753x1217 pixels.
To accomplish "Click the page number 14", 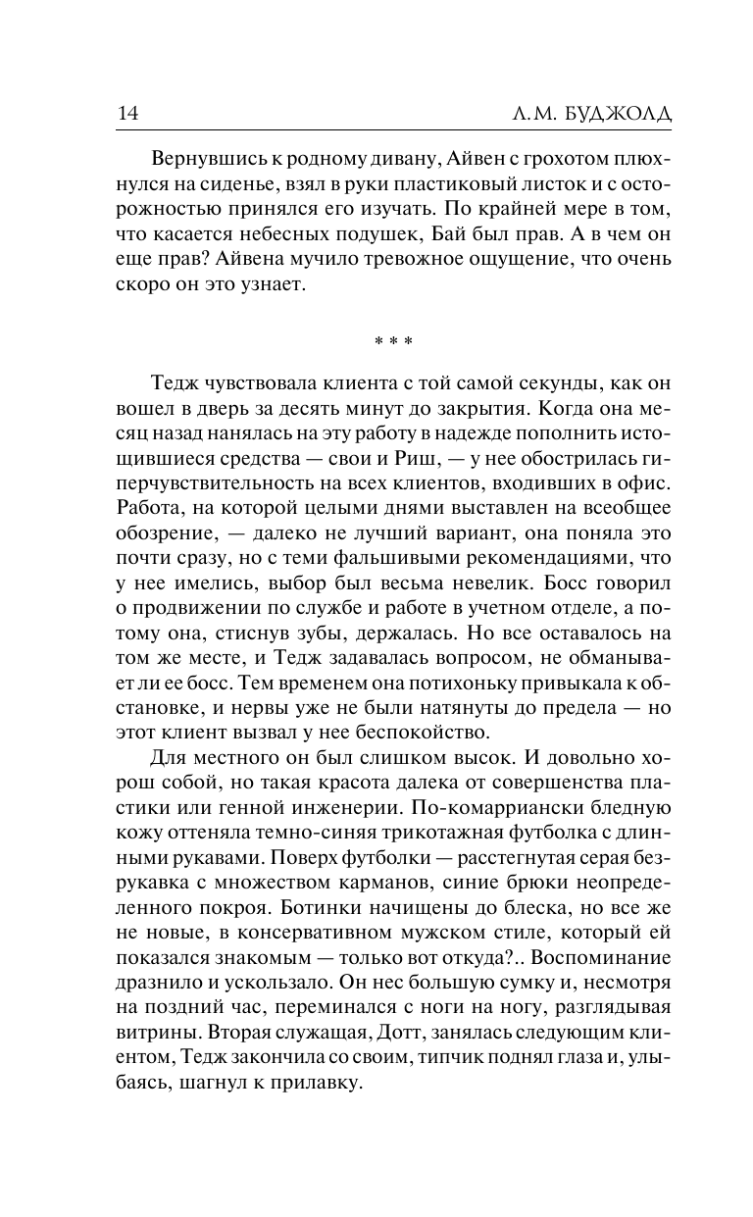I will pyautogui.click(x=127, y=114).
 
